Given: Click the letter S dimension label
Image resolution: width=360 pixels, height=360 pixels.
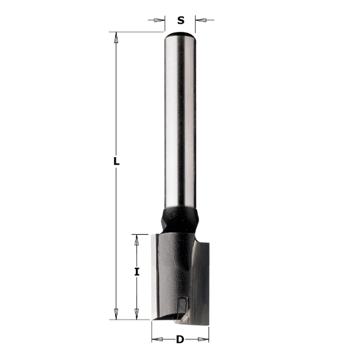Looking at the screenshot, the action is pyautogui.click(x=181, y=20).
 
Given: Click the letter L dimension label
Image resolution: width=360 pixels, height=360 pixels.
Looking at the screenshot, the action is pyautogui.click(x=117, y=161).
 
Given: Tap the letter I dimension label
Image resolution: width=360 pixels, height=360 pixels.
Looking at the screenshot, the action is pyautogui.click(x=137, y=272).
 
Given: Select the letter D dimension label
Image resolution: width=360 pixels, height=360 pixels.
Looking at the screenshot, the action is pyautogui.click(x=180, y=339).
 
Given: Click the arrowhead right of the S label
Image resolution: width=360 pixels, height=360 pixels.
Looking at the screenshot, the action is pyautogui.click(x=201, y=20).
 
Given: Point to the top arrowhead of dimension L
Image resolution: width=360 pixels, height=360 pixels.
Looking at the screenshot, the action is pyautogui.click(x=116, y=37).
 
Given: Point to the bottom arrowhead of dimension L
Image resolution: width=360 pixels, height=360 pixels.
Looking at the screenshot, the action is pyautogui.click(x=116, y=314).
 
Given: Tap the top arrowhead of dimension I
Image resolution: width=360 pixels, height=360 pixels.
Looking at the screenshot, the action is pyautogui.click(x=137, y=240).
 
